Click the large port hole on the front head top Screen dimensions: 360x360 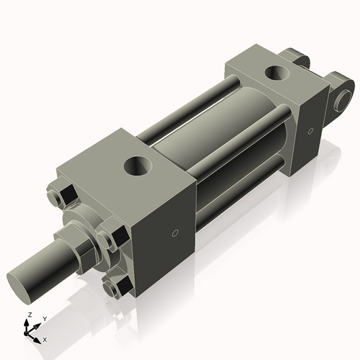(x=138, y=167)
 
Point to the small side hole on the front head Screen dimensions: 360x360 (x=174, y=233)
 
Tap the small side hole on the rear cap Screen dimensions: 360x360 (x=310, y=131)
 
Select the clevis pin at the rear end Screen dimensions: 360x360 (x=339, y=102)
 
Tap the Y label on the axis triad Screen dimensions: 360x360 (x=44, y=318)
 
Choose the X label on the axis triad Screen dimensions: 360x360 (x=45, y=339)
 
